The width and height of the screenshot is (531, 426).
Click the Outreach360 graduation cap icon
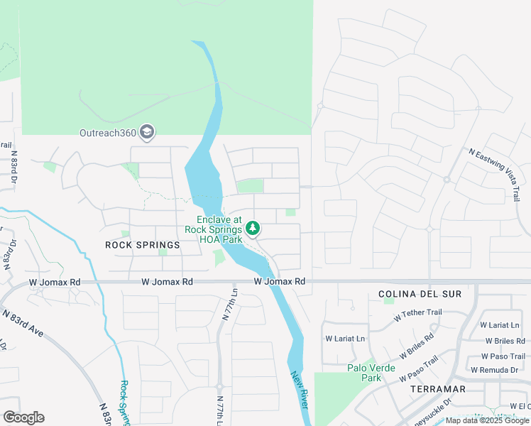pos(147,131)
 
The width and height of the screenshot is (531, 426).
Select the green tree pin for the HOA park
pos(252,229)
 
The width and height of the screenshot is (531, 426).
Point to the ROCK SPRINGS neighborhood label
pos(143,244)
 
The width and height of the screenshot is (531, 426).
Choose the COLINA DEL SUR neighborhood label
pos(420,294)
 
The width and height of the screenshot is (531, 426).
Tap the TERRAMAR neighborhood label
pos(437,389)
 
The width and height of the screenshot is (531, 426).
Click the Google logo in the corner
pos(23,417)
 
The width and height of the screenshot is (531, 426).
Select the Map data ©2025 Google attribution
pos(487,420)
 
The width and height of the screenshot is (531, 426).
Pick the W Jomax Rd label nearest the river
pos(280,282)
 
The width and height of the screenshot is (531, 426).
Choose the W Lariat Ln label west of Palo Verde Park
pos(344,339)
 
